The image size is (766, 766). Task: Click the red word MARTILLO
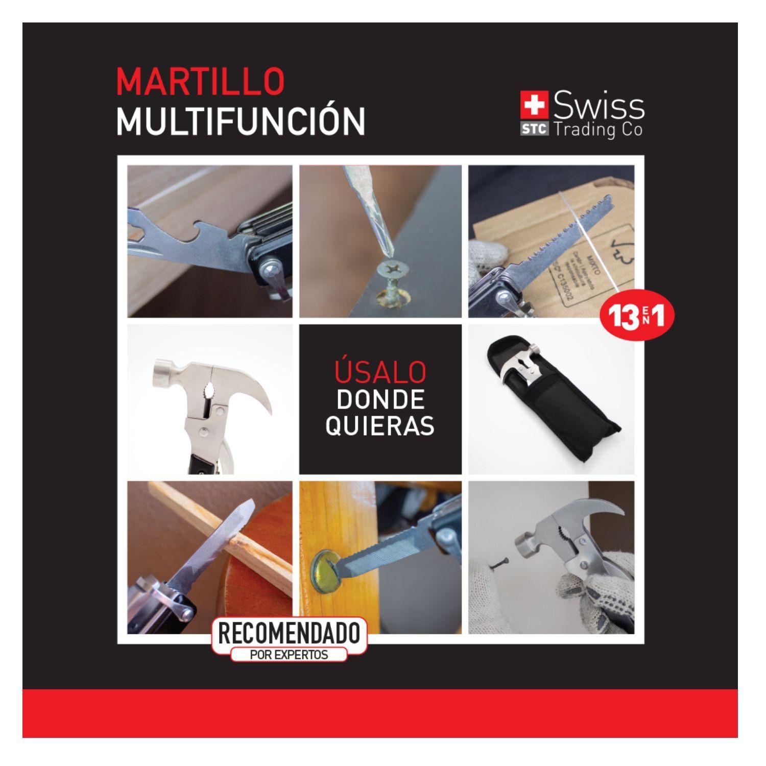pos(200,81)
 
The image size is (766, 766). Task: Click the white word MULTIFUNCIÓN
pos(240,121)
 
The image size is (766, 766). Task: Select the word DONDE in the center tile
pos(380,400)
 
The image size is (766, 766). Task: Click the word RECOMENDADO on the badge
pos(289,634)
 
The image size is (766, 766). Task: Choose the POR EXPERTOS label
pos(289,654)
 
